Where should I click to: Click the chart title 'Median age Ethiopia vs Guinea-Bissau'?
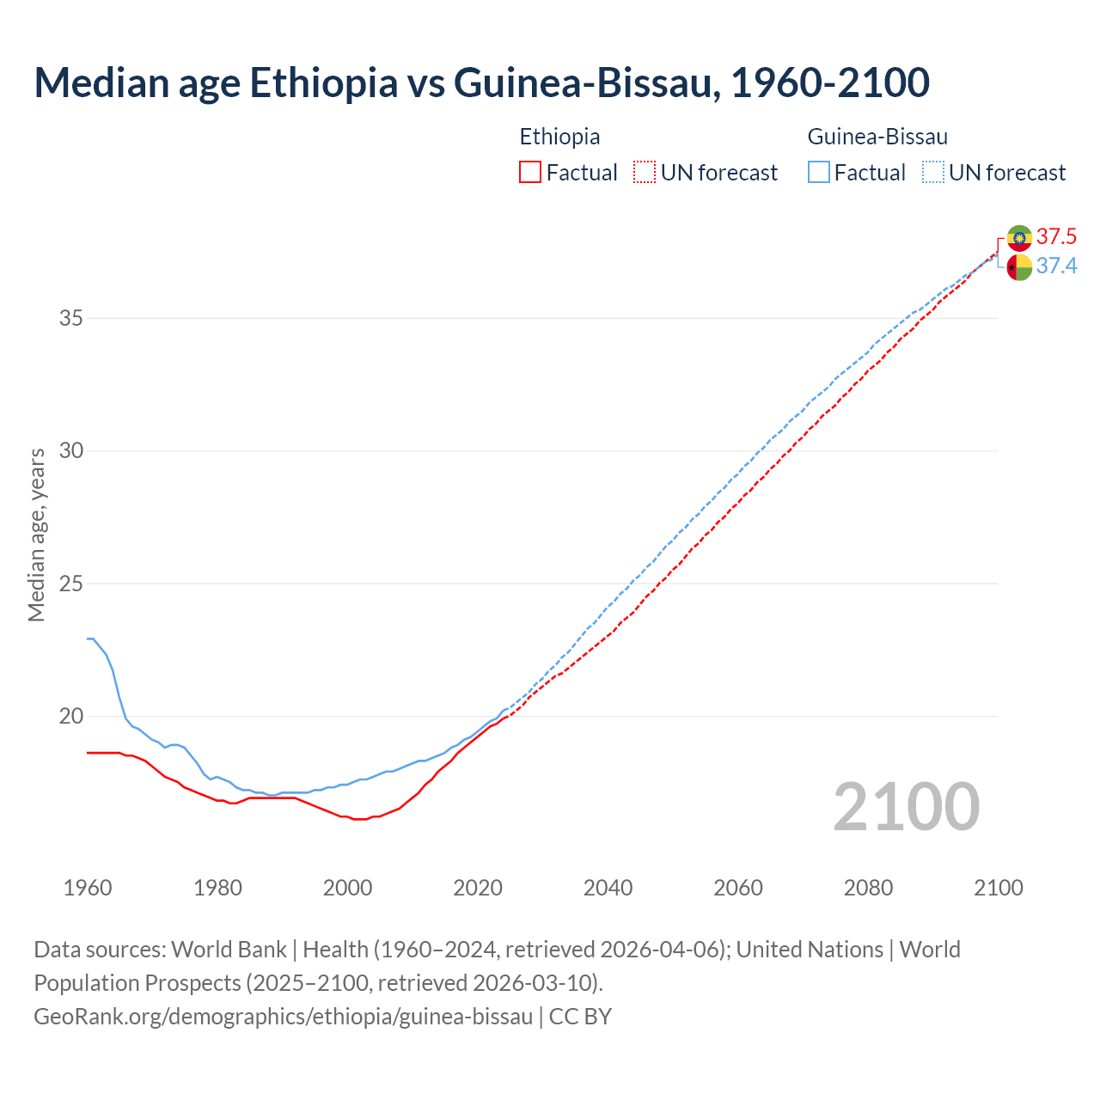(481, 83)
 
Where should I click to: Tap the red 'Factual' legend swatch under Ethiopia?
(530, 173)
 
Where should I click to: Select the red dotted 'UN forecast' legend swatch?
(645, 173)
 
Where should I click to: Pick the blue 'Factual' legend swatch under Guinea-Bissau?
(819, 173)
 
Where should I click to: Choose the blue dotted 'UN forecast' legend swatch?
(933, 173)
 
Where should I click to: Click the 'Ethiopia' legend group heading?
(559, 137)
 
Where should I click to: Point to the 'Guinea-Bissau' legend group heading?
(877, 137)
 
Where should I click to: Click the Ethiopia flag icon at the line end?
(1019, 237)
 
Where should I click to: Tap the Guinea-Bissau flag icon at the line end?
(1019, 267)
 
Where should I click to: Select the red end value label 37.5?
(1056, 237)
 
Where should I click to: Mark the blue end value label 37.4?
(1056, 266)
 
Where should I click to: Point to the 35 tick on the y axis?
(71, 319)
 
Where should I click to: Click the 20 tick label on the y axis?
(71, 717)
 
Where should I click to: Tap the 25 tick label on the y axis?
(71, 584)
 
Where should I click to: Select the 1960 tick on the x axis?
(88, 888)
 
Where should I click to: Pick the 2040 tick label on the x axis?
(608, 888)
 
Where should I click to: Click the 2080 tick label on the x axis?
(868, 888)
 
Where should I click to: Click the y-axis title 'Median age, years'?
(36, 535)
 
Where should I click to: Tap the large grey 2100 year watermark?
(906, 806)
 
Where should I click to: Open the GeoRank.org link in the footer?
(283, 1017)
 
